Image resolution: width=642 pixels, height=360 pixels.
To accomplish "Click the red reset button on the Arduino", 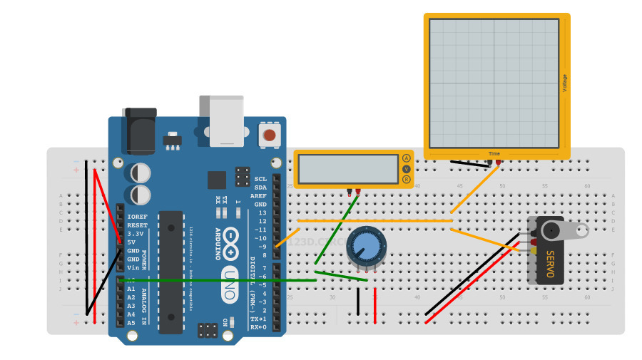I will tap(270, 135).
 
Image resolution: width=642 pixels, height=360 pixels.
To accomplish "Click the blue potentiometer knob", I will tap(365, 247).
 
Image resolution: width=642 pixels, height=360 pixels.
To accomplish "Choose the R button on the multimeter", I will tap(407, 180).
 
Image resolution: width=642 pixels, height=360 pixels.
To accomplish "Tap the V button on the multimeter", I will tap(407, 169).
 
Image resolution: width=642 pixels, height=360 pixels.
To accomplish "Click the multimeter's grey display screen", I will tap(348, 169).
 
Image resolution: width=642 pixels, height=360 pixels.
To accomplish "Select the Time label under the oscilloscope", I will tap(494, 153).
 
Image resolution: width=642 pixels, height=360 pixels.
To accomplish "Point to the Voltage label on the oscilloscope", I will tap(564, 83).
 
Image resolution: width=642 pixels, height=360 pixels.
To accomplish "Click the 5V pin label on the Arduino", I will tap(132, 242).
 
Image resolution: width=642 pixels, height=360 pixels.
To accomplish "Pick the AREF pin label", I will tap(258, 195).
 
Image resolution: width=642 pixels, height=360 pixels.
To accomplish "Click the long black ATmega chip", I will tap(170, 271).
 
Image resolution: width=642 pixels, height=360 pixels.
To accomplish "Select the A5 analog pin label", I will tap(131, 323).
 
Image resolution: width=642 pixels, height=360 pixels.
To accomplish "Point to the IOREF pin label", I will tap(136, 216).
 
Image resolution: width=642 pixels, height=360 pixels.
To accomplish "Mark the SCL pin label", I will tap(260, 179).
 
